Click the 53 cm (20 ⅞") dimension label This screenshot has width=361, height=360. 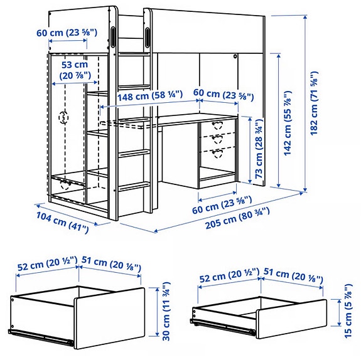tap(75, 70)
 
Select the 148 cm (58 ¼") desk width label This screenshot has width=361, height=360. tap(149, 95)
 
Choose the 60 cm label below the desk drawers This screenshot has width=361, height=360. tap(222, 204)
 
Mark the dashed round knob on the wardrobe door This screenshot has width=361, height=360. tap(63, 117)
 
